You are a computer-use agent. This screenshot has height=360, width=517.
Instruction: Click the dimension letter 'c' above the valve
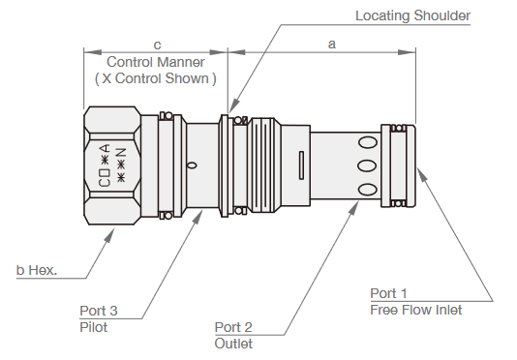point(157,45)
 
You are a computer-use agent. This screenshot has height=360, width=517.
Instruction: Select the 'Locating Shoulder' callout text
point(411,15)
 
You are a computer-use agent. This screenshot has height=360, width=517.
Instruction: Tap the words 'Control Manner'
point(155,62)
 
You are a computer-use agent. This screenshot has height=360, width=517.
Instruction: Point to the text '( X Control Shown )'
point(155,77)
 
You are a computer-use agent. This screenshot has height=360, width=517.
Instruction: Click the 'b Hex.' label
point(37,270)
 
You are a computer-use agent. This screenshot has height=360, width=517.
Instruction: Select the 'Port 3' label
point(99,312)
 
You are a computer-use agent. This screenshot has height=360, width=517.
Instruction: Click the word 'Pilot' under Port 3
point(94,327)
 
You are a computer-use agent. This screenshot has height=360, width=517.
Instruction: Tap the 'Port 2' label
point(233,327)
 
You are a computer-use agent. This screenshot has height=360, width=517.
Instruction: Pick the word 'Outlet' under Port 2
point(233,343)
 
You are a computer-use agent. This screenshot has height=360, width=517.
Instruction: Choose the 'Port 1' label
point(390,293)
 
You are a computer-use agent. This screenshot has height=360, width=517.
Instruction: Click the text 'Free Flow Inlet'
point(415,310)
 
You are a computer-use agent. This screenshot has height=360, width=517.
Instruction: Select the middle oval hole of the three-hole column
point(367,165)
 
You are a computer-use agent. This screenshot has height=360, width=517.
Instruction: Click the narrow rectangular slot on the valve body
point(303,165)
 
